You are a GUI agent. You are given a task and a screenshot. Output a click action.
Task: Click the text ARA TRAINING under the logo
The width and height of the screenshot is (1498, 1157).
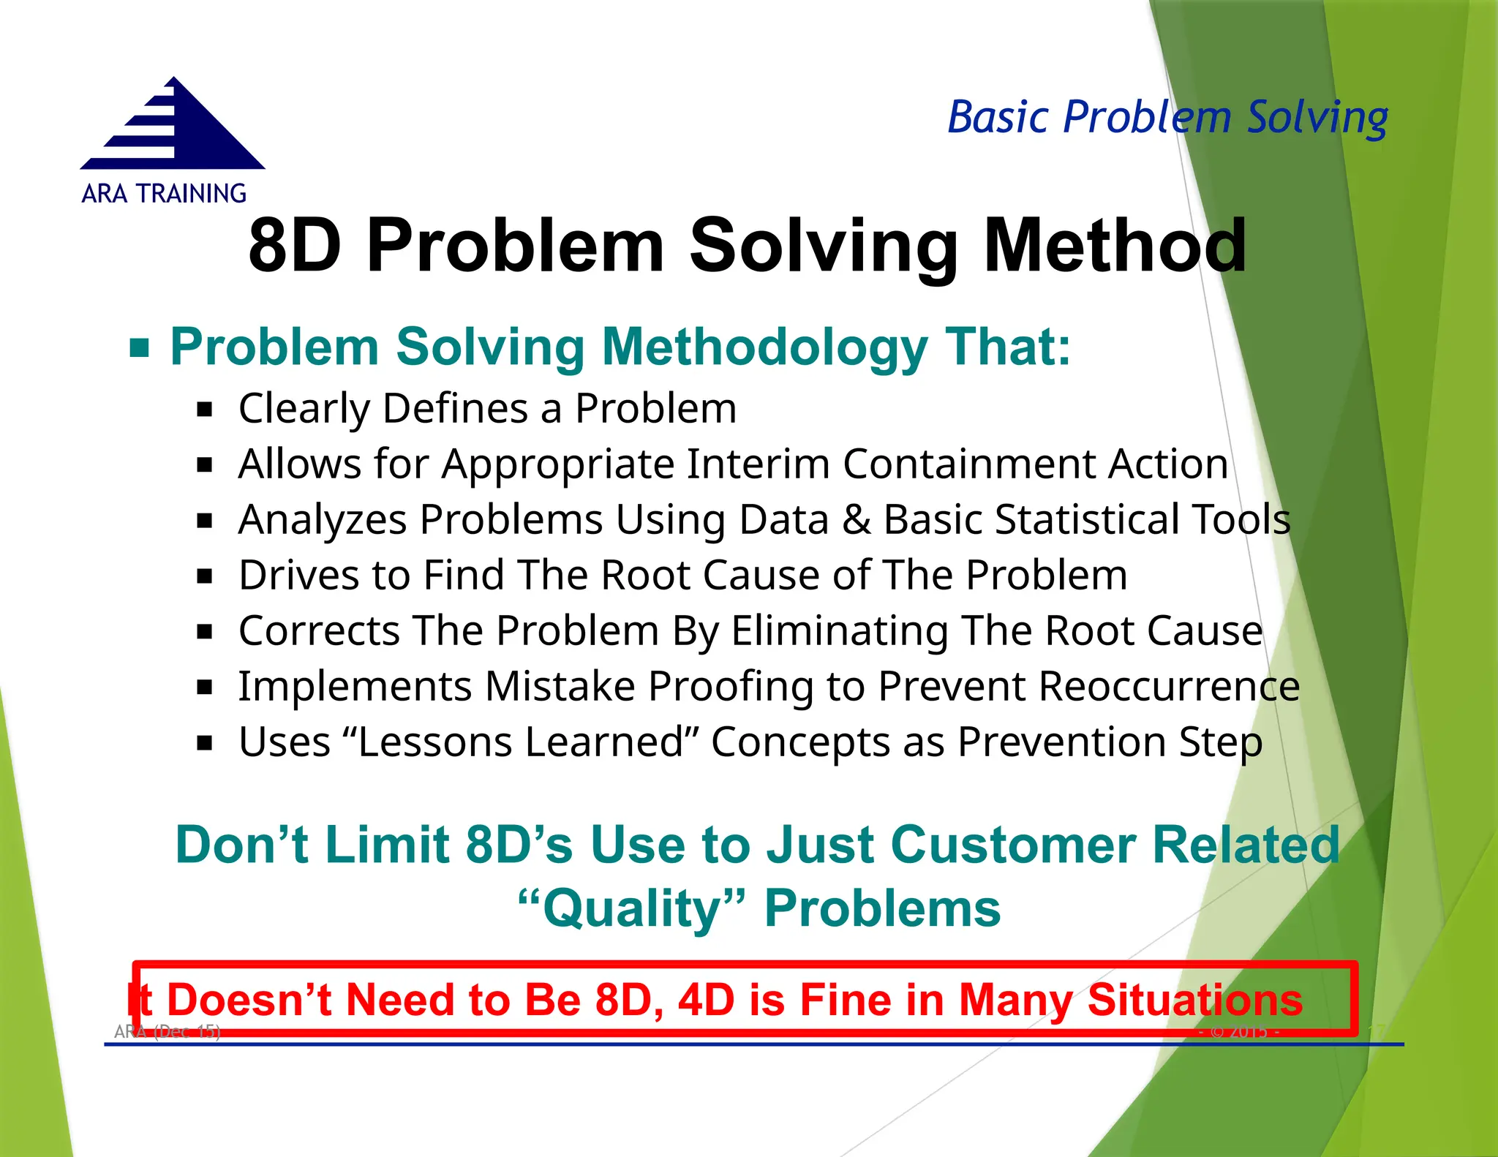click(164, 194)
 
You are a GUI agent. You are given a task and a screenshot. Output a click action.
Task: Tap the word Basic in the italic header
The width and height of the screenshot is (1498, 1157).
click(998, 117)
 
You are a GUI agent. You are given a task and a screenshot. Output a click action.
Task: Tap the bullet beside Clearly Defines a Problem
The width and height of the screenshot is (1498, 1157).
click(205, 409)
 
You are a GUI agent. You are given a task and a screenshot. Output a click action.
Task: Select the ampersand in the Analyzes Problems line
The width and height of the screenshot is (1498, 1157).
click(856, 520)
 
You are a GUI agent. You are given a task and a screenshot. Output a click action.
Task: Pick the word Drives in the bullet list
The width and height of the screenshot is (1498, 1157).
click(299, 575)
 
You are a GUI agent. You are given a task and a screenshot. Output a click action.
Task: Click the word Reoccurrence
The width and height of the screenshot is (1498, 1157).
click(1168, 687)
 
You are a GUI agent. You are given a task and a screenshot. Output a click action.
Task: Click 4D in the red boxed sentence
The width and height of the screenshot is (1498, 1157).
click(706, 1000)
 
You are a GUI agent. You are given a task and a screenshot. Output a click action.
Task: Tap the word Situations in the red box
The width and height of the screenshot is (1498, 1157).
click(1194, 1000)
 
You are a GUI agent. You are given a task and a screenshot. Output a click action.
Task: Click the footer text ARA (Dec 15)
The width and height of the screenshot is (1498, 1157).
click(167, 1031)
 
